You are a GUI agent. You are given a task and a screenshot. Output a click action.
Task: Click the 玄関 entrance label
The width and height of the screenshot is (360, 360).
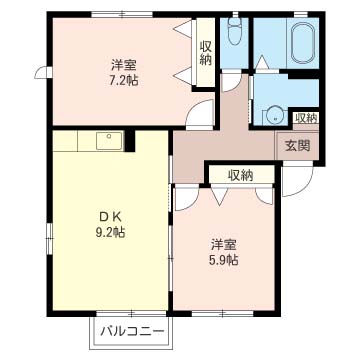297,146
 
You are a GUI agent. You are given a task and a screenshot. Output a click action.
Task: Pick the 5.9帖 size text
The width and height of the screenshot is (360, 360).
223,260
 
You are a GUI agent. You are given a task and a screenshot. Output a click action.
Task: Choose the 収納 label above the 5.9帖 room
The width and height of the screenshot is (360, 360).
240,175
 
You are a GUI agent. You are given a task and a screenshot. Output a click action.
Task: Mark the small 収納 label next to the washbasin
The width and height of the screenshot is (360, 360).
306,118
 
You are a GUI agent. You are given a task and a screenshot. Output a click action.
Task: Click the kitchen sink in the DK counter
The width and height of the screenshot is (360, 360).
109,140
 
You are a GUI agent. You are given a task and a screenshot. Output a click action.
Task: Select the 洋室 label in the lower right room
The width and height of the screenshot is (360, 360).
223,243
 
